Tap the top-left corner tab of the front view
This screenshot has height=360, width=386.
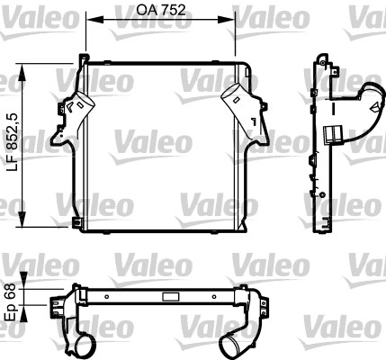[85, 58]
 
